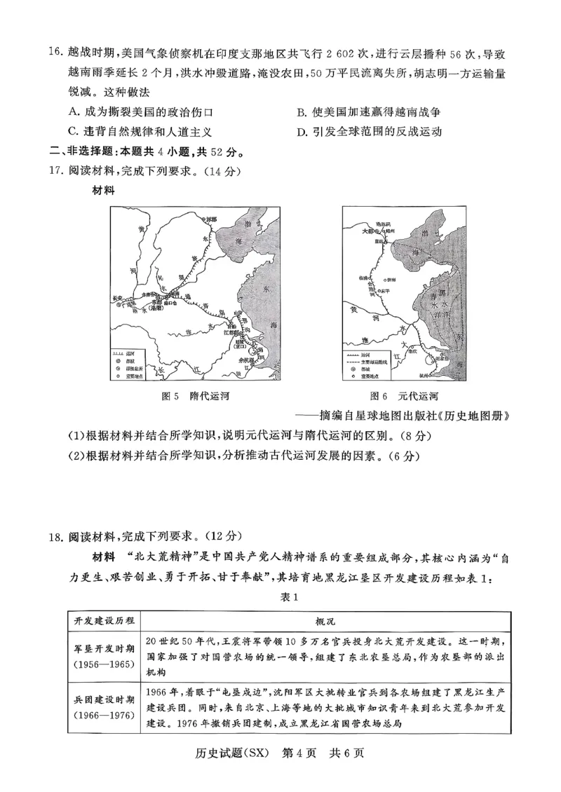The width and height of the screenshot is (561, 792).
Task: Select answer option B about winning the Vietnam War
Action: coord(368,111)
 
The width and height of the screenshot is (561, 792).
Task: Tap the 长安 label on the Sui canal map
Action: coord(121,298)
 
